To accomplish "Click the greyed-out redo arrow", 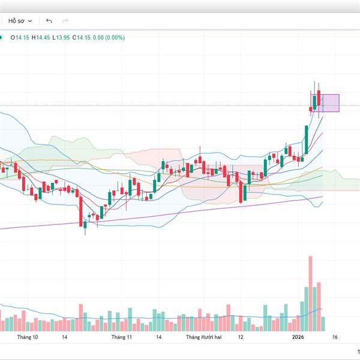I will tap(65, 21).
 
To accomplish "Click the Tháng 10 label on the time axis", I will tap(28, 337).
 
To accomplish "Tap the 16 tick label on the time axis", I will tap(334, 337).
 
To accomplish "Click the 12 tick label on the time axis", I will tap(240, 337).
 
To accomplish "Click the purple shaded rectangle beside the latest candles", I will tap(331, 103).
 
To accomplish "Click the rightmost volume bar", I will tap(324, 324).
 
